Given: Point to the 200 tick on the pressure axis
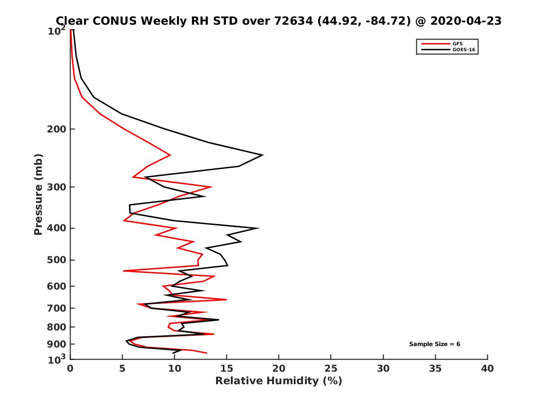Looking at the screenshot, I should (57, 129).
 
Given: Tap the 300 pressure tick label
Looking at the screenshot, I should (57, 187).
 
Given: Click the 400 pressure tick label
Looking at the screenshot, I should (57, 228).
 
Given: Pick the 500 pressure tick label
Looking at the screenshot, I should (57, 260).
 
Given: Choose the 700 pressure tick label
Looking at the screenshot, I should (57, 308).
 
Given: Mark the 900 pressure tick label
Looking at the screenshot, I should (57, 344).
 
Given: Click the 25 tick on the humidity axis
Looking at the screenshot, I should (331, 369).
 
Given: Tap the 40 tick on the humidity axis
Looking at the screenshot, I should (487, 369).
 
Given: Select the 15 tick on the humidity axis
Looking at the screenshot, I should (226, 369).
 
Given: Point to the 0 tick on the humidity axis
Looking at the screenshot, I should (70, 369).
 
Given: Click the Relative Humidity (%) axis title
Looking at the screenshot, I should (278, 381).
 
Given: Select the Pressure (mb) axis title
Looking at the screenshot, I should (39, 194).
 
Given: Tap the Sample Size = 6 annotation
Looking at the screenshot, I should (434, 344).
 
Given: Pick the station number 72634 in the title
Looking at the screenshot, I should (292, 21).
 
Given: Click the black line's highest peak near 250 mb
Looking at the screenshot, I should (262, 155).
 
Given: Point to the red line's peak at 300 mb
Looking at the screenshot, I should (211, 187).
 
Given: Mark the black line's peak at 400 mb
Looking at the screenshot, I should (258, 228).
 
